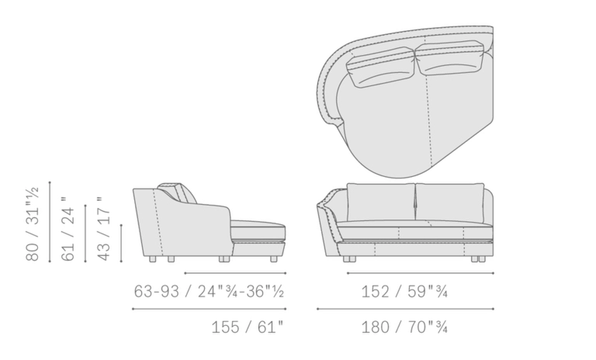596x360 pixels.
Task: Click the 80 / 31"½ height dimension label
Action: click(x=33, y=224)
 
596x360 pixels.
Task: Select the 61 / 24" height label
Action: click(x=68, y=229)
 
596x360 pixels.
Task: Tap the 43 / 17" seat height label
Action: click(x=103, y=229)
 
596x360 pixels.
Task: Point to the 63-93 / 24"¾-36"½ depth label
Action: click(x=209, y=292)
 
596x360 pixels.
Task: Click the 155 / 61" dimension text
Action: click(x=248, y=327)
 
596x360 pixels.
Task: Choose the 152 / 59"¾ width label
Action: click(x=404, y=292)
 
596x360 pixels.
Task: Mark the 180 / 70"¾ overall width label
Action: click(x=404, y=327)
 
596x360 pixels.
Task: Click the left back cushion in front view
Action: click(x=380, y=202)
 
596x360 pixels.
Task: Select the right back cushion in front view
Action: click(x=450, y=202)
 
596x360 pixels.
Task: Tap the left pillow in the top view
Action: click(x=380, y=67)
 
